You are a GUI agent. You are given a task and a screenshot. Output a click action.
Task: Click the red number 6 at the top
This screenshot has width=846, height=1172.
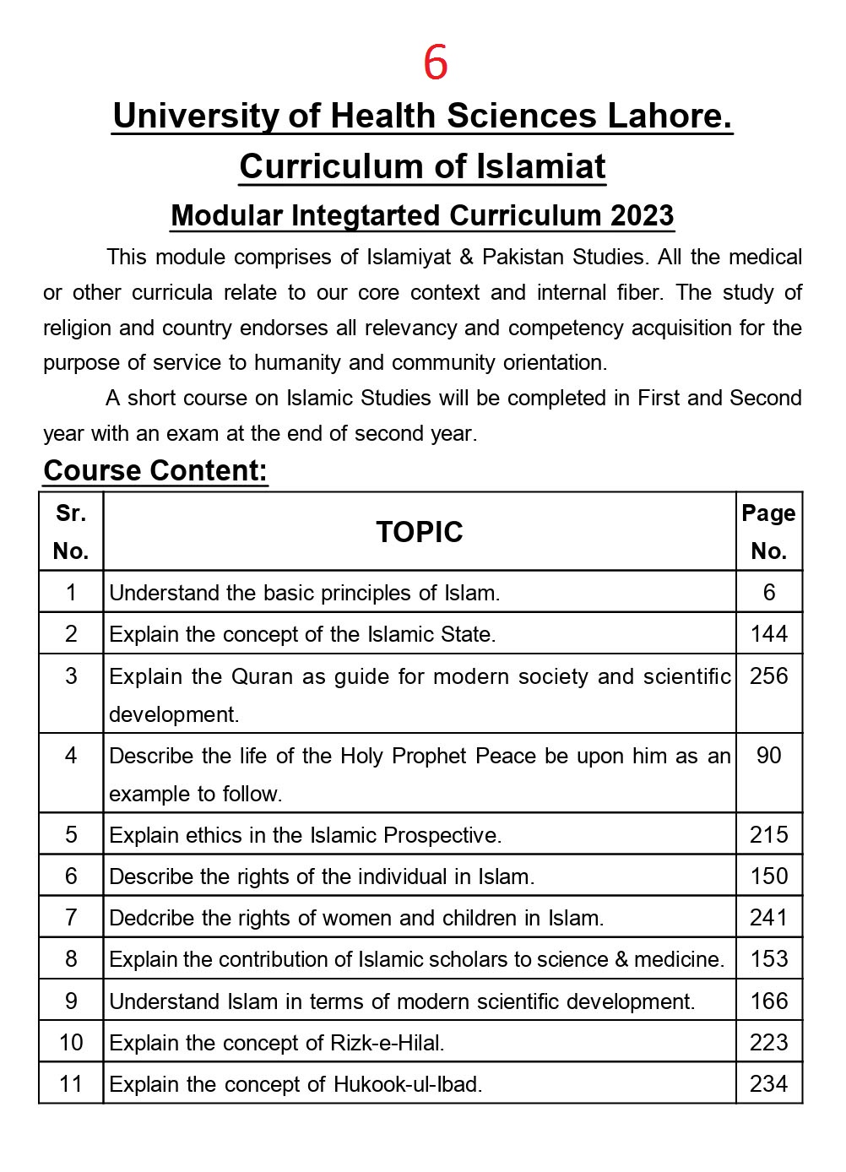click(x=436, y=62)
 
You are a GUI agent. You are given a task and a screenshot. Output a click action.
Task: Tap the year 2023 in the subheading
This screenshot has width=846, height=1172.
click(x=643, y=215)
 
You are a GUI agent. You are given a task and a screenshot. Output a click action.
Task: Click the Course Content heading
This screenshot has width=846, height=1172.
click(x=155, y=470)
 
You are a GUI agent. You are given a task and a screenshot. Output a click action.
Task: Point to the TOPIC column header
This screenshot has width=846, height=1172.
click(x=420, y=532)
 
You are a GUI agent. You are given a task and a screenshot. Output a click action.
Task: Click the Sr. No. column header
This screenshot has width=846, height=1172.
click(x=71, y=532)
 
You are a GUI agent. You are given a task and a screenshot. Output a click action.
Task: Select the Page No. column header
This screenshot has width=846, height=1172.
click(x=768, y=532)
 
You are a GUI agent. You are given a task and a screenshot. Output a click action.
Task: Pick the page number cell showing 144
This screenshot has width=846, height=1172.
click(x=768, y=634)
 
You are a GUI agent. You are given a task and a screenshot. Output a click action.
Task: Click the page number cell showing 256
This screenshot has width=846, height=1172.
click(x=768, y=676)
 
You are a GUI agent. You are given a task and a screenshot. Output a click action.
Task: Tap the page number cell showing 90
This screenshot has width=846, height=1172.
click(x=768, y=756)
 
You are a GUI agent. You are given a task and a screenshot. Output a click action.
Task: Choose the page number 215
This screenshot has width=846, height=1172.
click(x=768, y=835)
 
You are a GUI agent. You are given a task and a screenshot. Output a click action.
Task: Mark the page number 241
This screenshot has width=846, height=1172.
click(x=768, y=918)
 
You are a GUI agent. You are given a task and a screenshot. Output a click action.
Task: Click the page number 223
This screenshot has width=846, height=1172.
click(x=768, y=1043)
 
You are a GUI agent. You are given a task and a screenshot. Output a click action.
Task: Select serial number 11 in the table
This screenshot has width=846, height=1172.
click(x=71, y=1084)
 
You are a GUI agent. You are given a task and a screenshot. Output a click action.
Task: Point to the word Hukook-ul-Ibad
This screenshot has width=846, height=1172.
click(x=408, y=1084)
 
